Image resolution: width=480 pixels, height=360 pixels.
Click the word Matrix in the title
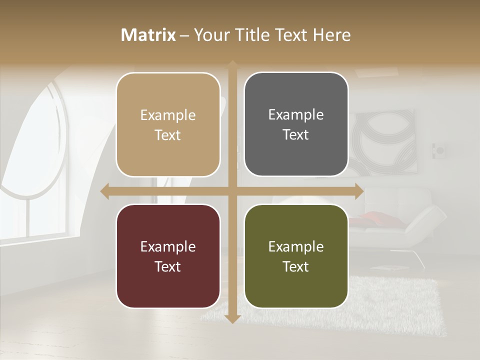click(x=148, y=35)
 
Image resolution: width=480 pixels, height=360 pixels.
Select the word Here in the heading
click(x=332, y=35)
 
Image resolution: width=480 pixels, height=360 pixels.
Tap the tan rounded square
click(x=168, y=125)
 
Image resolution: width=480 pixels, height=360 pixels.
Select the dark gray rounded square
click(x=296, y=124)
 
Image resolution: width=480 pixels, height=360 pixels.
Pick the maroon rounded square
click(x=168, y=256)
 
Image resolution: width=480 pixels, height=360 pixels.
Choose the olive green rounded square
click(x=296, y=256)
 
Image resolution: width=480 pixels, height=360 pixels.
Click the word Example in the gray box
click(x=296, y=114)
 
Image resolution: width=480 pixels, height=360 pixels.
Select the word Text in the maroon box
click(x=167, y=266)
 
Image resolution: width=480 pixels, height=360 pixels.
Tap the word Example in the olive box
click(x=296, y=246)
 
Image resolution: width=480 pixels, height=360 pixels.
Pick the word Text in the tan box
click(x=167, y=135)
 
